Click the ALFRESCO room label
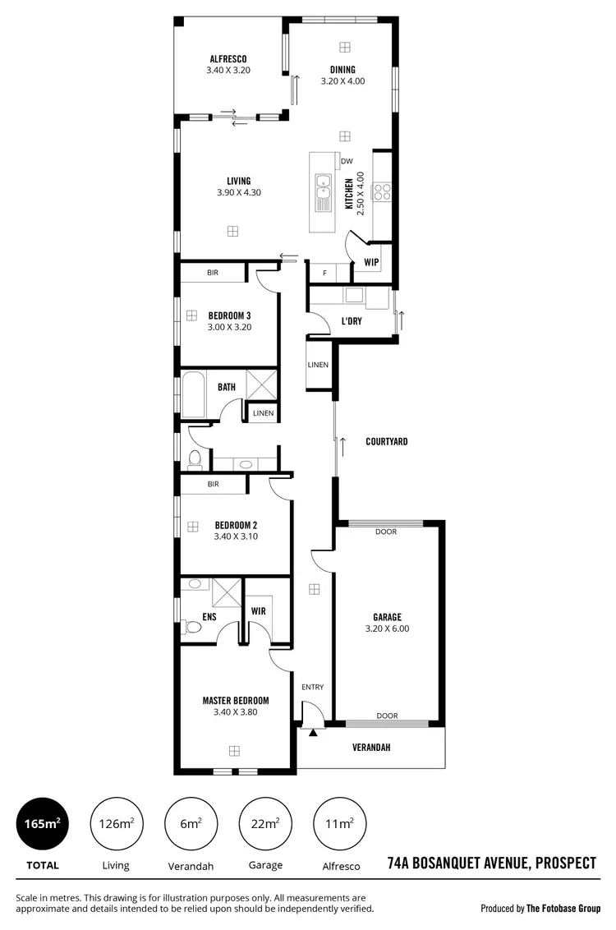click(228, 58)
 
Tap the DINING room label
click(342, 70)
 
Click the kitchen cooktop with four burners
click(383, 192)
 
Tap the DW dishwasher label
click(347, 161)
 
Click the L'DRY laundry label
click(352, 321)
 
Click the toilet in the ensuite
click(194, 628)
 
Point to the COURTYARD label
click(386, 442)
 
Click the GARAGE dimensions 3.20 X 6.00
click(386, 628)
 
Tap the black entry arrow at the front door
click(312, 731)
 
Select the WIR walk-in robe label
click(258, 610)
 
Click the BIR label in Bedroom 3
click(213, 272)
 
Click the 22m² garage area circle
click(265, 823)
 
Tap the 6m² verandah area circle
click(191, 823)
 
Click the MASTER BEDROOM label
click(236, 701)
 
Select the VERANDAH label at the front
click(371, 748)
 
